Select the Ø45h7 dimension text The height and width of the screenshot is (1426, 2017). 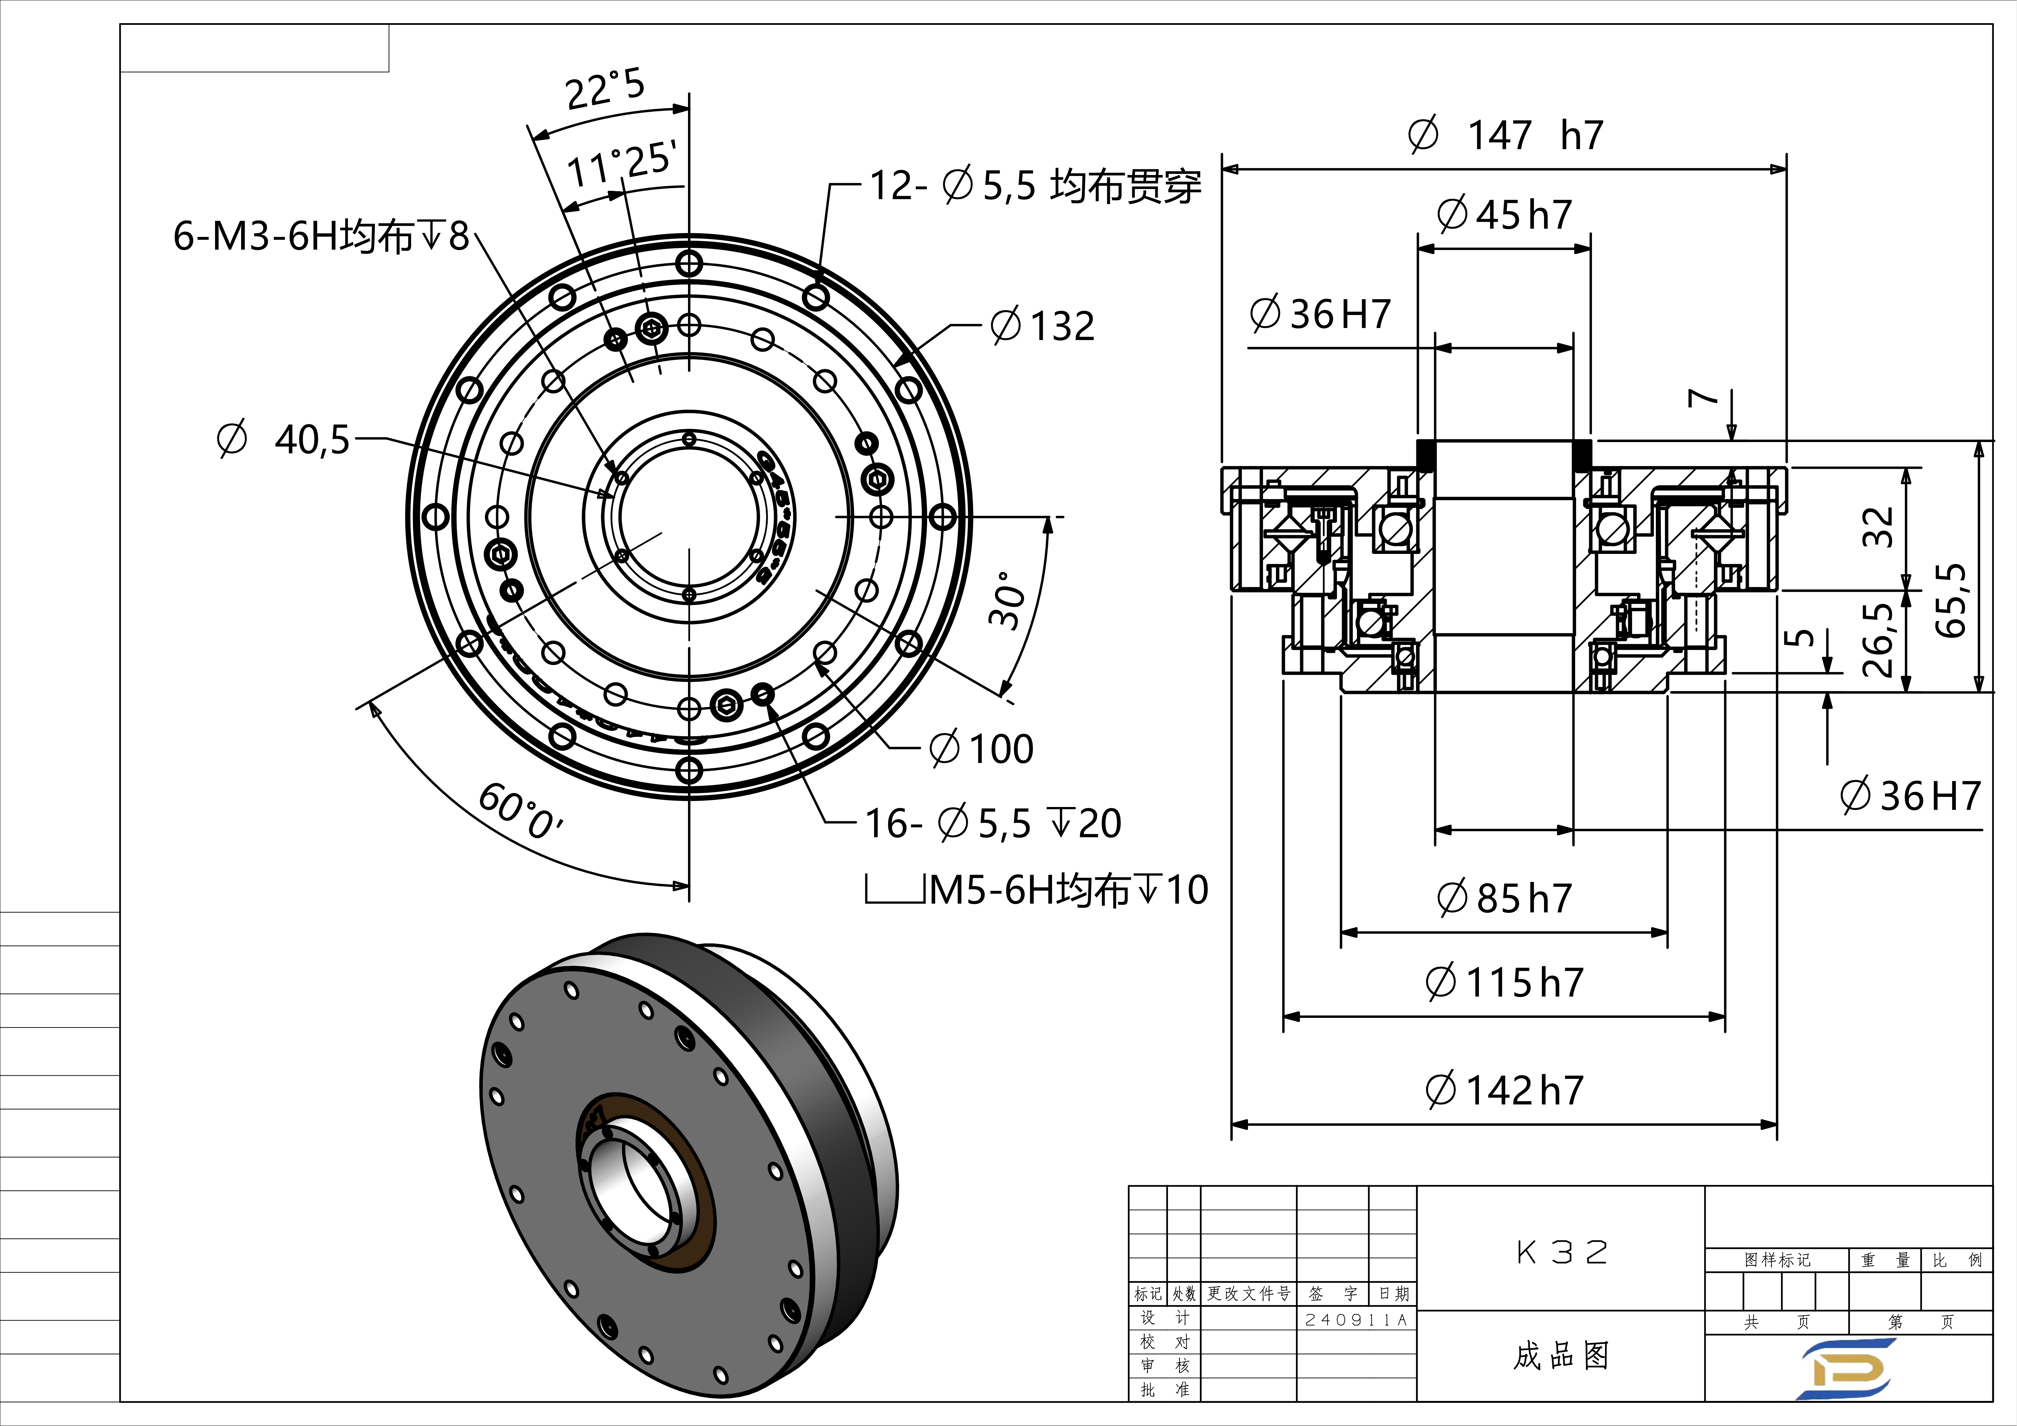[1504, 214]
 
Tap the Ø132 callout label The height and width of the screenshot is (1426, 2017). [1043, 326]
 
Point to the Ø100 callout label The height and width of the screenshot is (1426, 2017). [981, 749]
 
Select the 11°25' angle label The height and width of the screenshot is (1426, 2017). [621, 164]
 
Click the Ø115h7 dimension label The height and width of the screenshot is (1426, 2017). [1504, 982]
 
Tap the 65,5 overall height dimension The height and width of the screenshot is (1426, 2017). [1950, 599]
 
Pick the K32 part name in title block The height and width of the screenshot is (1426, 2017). [1561, 1252]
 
